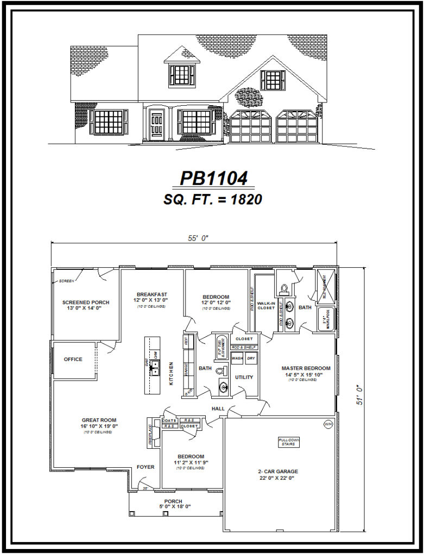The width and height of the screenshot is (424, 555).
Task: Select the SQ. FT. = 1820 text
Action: click(213, 199)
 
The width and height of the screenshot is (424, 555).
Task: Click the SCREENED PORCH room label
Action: click(86, 305)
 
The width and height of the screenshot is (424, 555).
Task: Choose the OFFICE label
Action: click(73, 359)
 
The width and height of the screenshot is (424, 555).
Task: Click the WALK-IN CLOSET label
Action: click(266, 306)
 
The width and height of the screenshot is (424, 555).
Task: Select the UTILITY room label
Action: click(244, 377)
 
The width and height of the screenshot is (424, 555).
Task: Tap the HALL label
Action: click(218, 409)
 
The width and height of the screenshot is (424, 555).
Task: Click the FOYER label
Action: click(145, 467)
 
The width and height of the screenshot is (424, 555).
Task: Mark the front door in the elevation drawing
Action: click(157, 124)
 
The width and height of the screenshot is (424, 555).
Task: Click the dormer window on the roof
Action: click(182, 74)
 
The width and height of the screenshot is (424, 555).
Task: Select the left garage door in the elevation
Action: click(251, 127)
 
